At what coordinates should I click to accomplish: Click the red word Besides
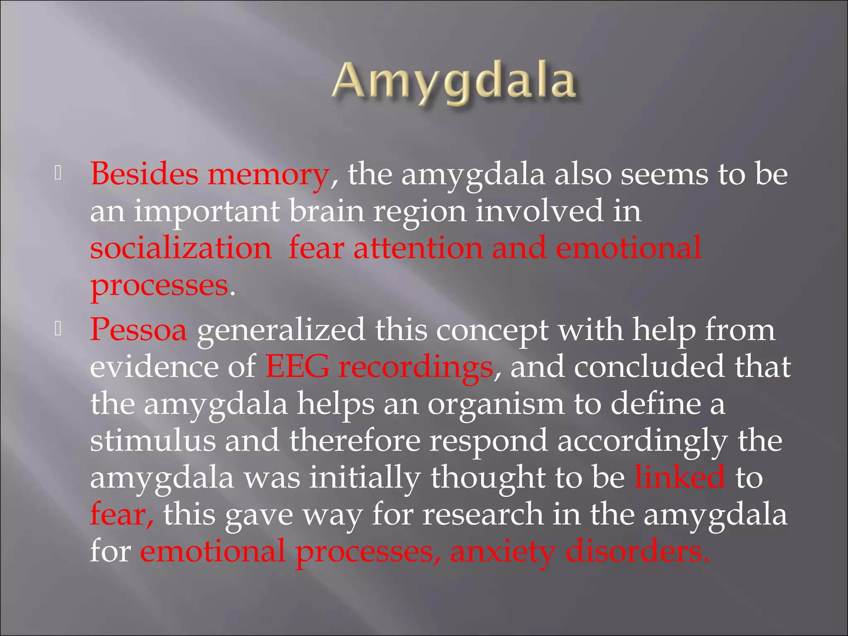[144, 174]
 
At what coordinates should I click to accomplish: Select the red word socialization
[181, 248]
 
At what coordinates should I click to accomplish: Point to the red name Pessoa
[139, 330]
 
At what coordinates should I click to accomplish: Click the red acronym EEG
[297, 367]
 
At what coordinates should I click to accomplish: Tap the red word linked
[680, 477]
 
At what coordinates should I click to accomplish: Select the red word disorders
[637, 551]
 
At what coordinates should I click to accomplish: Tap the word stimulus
[153, 441]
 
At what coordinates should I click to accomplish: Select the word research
[482, 514]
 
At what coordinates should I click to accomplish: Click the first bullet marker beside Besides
[58, 174]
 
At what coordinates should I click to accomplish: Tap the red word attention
[418, 248]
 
